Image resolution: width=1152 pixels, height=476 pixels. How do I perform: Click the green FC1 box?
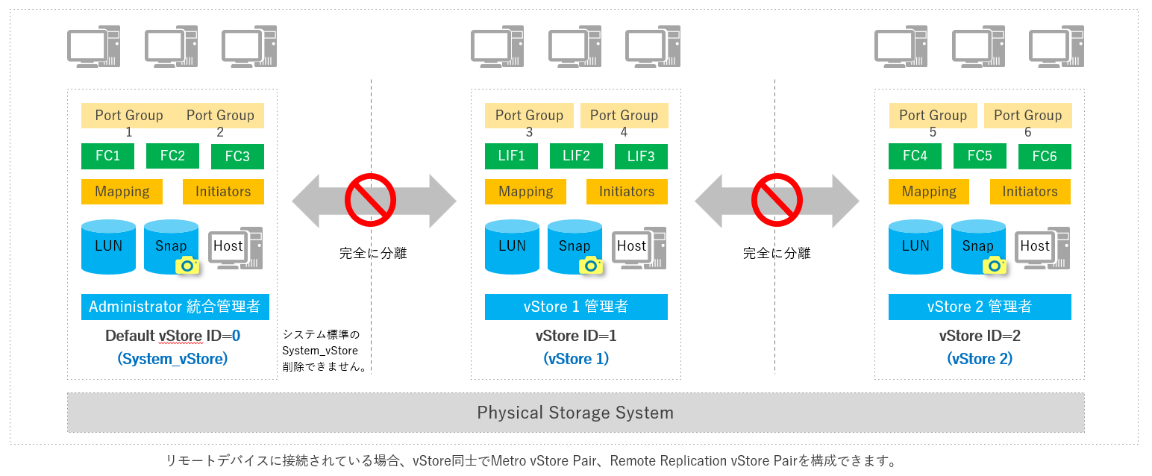[x=107, y=156]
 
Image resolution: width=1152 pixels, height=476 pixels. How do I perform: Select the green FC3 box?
[x=237, y=157]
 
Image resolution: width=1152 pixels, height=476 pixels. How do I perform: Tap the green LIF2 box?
[x=576, y=156]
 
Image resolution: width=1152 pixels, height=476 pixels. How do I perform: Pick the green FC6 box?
[x=1044, y=157]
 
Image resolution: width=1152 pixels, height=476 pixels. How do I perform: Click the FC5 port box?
[x=980, y=156]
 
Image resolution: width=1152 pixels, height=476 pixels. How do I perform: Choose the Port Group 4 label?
[x=624, y=116]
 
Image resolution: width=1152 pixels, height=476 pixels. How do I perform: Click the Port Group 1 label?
[x=129, y=116]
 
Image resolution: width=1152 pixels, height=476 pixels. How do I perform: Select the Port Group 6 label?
[x=1027, y=116]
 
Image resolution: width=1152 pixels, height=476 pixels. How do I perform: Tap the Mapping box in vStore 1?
[x=525, y=192]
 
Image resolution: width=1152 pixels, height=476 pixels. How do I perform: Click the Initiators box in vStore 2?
[x=1030, y=192]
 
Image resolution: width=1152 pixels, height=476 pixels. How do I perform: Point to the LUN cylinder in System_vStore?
[x=109, y=246]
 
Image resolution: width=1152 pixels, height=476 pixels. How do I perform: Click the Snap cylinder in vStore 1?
[x=575, y=246]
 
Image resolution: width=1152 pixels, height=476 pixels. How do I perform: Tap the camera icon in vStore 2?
[x=993, y=265]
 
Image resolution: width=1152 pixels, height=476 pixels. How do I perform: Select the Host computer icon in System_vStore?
[x=234, y=248]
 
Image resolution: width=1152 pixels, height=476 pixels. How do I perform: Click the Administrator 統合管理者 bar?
[x=175, y=307]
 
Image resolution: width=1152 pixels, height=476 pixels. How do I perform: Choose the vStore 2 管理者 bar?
[x=980, y=307]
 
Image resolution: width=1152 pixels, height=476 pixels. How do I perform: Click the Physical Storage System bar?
[x=575, y=413]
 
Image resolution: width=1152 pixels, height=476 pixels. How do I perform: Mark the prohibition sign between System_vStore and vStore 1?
[x=370, y=199]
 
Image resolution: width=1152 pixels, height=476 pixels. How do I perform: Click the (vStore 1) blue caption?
[x=576, y=359]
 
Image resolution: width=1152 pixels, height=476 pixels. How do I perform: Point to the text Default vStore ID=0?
[x=172, y=336]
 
